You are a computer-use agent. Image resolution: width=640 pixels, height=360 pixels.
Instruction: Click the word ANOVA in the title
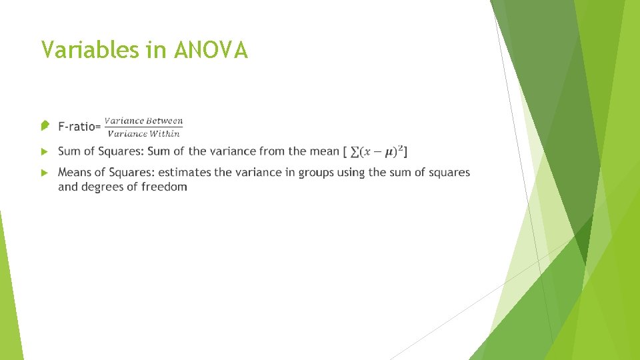point(211,50)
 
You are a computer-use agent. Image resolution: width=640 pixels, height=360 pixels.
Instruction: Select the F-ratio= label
point(79,126)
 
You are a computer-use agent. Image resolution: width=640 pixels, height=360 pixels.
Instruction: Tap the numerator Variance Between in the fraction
point(143,121)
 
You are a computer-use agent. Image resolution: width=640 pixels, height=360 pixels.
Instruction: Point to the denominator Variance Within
point(143,133)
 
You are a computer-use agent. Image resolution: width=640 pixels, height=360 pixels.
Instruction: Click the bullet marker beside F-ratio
point(44,125)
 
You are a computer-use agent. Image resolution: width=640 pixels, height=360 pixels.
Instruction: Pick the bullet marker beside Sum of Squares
point(44,151)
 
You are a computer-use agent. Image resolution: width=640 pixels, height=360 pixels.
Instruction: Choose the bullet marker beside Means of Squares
point(44,173)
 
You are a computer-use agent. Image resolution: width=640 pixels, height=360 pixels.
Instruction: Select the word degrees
point(105,187)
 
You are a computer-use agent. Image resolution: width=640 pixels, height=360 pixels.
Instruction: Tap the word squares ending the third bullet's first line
point(449,173)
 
